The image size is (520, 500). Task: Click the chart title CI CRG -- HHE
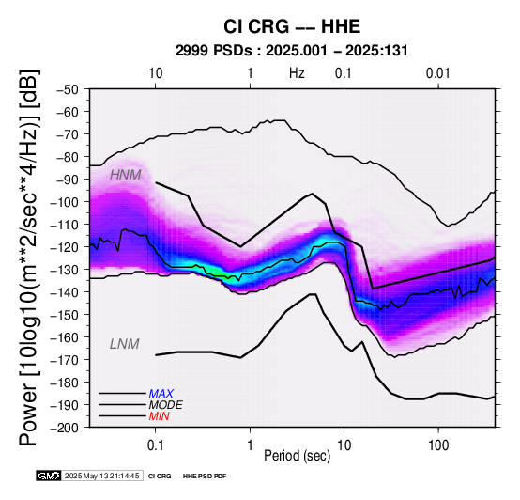[292, 26]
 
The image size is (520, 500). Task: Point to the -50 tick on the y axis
[68, 89]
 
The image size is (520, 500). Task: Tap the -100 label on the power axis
[65, 202]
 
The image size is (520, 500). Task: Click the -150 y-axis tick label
[65, 315]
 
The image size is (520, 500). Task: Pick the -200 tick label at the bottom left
[65, 428]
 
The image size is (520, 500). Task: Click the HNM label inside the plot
[126, 175]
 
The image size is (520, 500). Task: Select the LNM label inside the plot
[124, 344]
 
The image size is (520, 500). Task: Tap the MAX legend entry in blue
[161, 394]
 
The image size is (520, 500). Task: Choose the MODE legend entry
[165, 405]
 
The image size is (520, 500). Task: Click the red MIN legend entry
[159, 416]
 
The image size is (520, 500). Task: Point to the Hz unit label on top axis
[297, 73]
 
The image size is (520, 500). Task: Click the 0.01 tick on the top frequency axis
[438, 73]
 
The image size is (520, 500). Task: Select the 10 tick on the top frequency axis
[155, 73]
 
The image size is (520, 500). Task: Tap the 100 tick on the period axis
[438, 445]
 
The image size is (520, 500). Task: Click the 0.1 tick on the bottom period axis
[155, 445]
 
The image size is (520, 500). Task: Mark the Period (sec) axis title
[298, 456]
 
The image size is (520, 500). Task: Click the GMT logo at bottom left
[49, 476]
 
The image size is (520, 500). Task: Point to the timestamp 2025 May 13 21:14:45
[101, 476]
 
